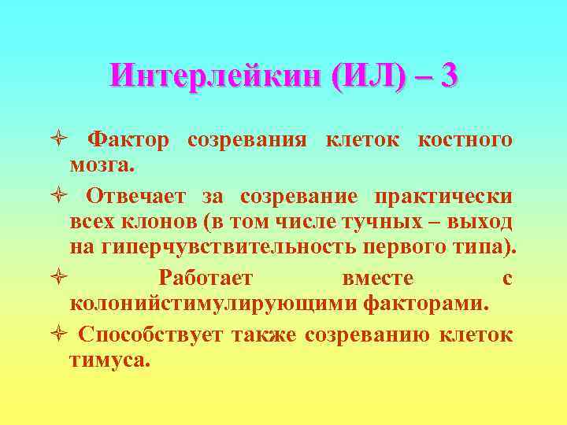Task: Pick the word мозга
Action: tap(102, 166)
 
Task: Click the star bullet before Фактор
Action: tap(64, 141)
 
